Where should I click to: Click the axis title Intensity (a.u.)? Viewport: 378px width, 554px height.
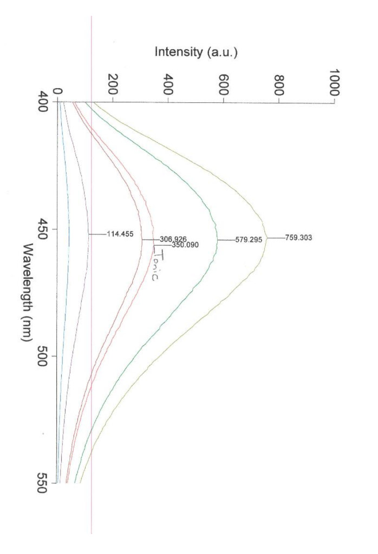click(x=197, y=52)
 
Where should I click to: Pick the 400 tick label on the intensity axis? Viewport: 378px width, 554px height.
click(x=168, y=84)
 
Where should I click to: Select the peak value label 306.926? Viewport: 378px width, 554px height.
click(x=173, y=239)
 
